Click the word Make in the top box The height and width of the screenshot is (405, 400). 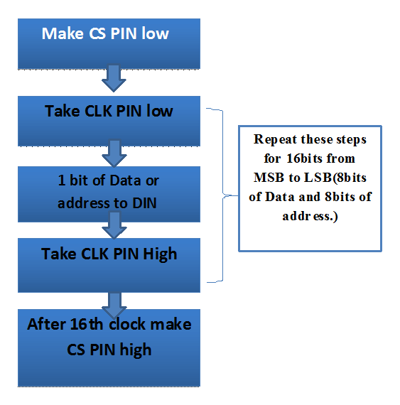click(61, 34)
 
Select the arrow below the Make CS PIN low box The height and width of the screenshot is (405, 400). click(113, 78)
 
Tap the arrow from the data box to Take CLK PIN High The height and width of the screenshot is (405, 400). click(113, 227)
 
